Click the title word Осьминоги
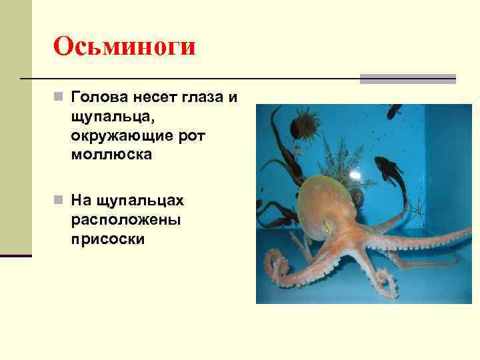tap(125, 47)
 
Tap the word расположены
tap(122, 219)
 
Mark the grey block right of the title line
tap(407, 79)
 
